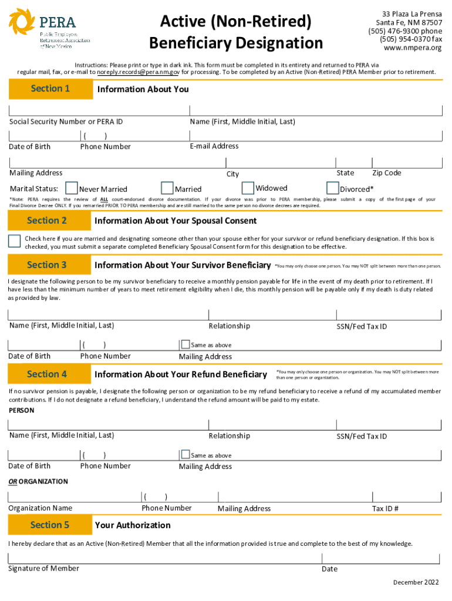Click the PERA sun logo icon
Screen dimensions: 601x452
pos(22,22)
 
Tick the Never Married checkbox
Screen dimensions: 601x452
pos(72,188)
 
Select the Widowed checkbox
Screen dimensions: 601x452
pos(248,188)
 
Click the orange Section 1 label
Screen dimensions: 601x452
pos(50,89)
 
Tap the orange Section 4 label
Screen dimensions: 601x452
pos(48,374)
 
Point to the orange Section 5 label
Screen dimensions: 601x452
pos(50,525)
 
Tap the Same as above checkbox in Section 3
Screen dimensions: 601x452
pos(185,345)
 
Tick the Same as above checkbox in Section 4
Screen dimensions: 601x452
pos(185,454)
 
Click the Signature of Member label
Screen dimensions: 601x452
pos(43,568)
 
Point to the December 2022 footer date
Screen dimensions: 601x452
pos(416,582)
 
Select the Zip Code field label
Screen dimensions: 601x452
pos(386,173)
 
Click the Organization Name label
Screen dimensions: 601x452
pos(41,508)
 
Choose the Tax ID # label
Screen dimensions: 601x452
pos(385,509)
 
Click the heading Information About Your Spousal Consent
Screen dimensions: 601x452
pos(176,221)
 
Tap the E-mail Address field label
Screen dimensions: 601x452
pos(214,146)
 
